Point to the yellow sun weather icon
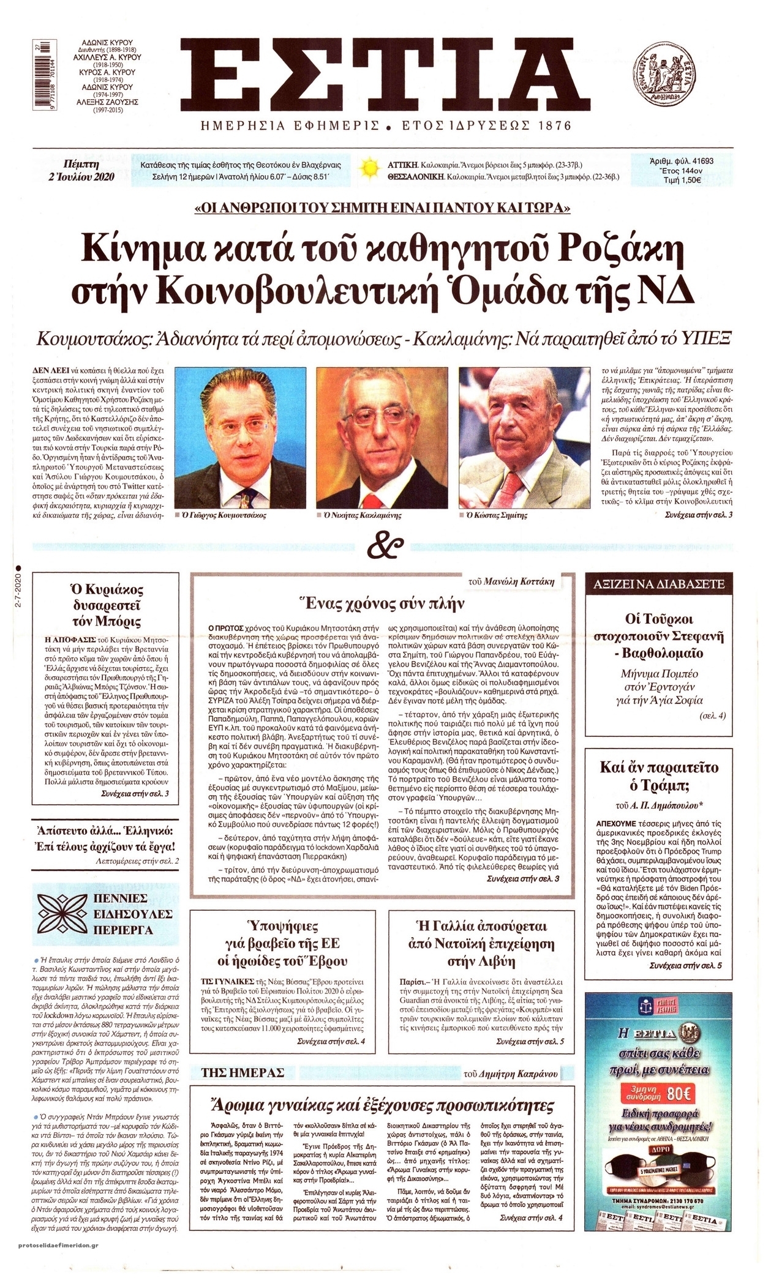point(369,167)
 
